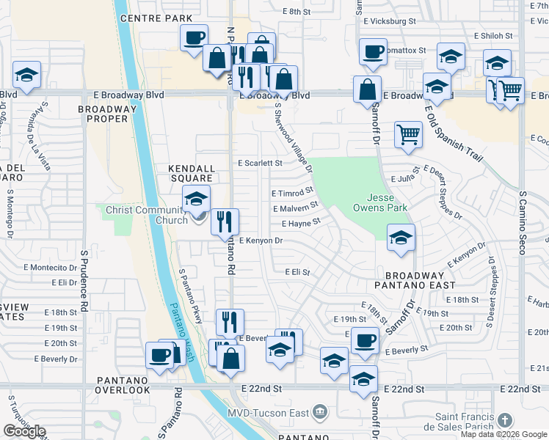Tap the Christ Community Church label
[x=147, y=215]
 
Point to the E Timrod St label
[x=292, y=194]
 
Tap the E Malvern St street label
[x=295, y=208]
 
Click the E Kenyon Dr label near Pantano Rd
[x=261, y=241]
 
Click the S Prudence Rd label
[x=84, y=279]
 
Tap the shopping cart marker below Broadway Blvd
[x=409, y=134]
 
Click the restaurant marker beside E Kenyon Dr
[x=225, y=221]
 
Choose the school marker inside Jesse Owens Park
[x=401, y=238]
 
